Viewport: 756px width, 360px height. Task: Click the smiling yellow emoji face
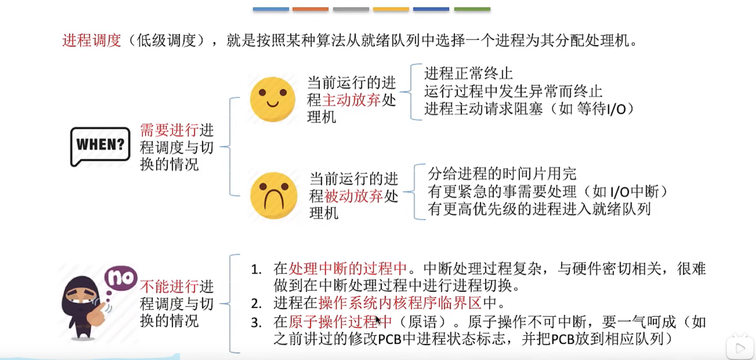[x=272, y=99]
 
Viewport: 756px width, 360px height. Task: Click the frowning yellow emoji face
[x=273, y=195]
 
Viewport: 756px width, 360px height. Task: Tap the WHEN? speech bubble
[x=100, y=145]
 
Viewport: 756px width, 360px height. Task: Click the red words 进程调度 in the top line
[x=92, y=41]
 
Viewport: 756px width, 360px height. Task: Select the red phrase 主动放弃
[x=351, y=100]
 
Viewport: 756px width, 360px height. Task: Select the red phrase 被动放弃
[x=353, y=196]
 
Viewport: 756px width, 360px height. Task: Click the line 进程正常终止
[x=468, y=73]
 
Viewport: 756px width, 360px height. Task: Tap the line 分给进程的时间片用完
[x=501, y=174]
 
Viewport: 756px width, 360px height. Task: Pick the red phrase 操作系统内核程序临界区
[x=400, y=303]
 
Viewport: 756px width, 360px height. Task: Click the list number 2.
[x=256, y=303]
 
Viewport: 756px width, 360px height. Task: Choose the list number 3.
[x=256, y=323]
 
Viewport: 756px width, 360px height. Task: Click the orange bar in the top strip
[x=310, y=9]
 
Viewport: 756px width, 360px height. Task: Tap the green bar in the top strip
[x=472, y=9]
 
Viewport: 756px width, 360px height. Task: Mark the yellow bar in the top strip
[x=391, y=9]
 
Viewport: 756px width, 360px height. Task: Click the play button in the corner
[x=740, y=349]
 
